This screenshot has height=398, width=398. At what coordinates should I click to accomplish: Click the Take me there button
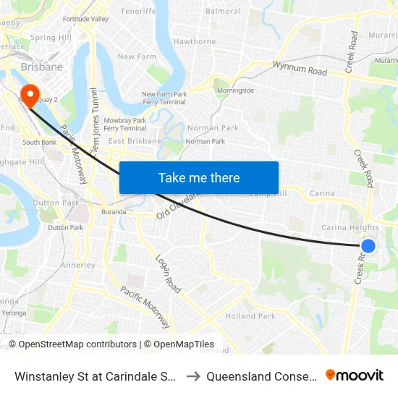[x=199, y=177]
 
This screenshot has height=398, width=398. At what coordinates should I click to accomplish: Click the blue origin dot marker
[x=368, y=246]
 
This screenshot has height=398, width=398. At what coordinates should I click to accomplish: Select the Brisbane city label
[x=42, y=67]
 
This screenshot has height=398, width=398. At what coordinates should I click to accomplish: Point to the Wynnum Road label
[x=300, y=69]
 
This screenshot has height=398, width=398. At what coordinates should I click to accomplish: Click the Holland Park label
[x=250, y=316]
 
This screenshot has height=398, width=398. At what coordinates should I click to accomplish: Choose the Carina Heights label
[x=350, y=228]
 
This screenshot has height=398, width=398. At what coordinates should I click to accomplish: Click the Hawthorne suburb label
[x=195, y=42]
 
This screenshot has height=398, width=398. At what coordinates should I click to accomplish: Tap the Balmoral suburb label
[x=223, y=12]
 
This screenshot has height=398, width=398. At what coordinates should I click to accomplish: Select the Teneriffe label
[x=138, y=12]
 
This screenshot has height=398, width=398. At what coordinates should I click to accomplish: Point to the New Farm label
[x=137, y=56]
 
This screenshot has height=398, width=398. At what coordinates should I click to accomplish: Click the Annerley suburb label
[x=77, y=266]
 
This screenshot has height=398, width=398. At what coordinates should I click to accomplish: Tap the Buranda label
[x=114, y=212]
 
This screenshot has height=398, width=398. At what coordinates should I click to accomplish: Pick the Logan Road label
[x=169, y=274]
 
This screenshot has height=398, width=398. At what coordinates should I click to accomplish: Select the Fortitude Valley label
[x=85, y=19]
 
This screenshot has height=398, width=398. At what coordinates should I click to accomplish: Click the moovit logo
[x=355, y=375]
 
